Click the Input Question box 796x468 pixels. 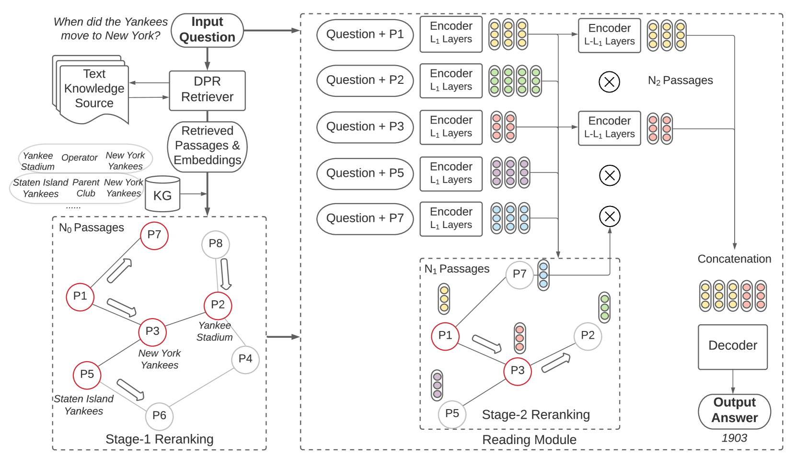[207, 30]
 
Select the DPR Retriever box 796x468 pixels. [207, 90]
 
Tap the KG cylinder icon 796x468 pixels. [162, 194]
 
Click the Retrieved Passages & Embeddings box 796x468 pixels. [207, 146]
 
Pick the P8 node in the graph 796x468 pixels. [216, 244]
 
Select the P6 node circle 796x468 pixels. [159, 416]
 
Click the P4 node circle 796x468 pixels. [245, 359]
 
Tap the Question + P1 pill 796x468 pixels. [365, 34]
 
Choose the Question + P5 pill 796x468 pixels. [365, 173]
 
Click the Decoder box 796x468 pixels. [732, 346]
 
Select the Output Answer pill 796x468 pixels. [734, 411]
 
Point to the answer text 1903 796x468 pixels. [734, 438]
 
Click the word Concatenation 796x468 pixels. [734, 259]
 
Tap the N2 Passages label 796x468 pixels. [680, 81]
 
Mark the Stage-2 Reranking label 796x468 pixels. [535, 415]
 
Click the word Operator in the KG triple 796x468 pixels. [79, 158]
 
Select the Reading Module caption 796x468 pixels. [529, 440]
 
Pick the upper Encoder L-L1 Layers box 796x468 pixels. [609, 35]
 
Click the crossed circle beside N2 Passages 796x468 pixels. [609, 82]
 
